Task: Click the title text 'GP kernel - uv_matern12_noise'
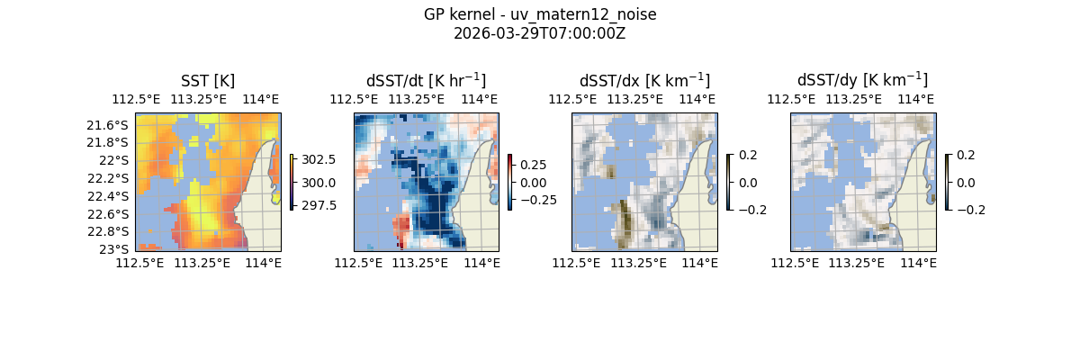[x=540, y=15]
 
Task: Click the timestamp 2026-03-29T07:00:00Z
[x=540, y=34]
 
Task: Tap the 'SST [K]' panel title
[x=208, y=80]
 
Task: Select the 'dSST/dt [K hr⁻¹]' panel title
[x=426, y=80]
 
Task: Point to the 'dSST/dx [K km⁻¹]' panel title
[x=644, y=80]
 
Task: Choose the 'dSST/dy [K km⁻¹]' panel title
[x=862, y=80]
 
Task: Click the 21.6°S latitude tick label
[x=112, y=125]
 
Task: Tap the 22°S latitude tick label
[x=116, y=160]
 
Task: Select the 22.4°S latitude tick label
[x=112, y=196]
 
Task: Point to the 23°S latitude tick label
[x=116, y=249]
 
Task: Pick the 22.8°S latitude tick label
[x=112, y=231]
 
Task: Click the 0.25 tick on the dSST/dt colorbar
[x=533, y=165]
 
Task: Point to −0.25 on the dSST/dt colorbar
[x=537, y=200]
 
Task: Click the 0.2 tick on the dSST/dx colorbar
[x=748, y=155]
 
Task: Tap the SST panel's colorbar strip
[x=292, y=182]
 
